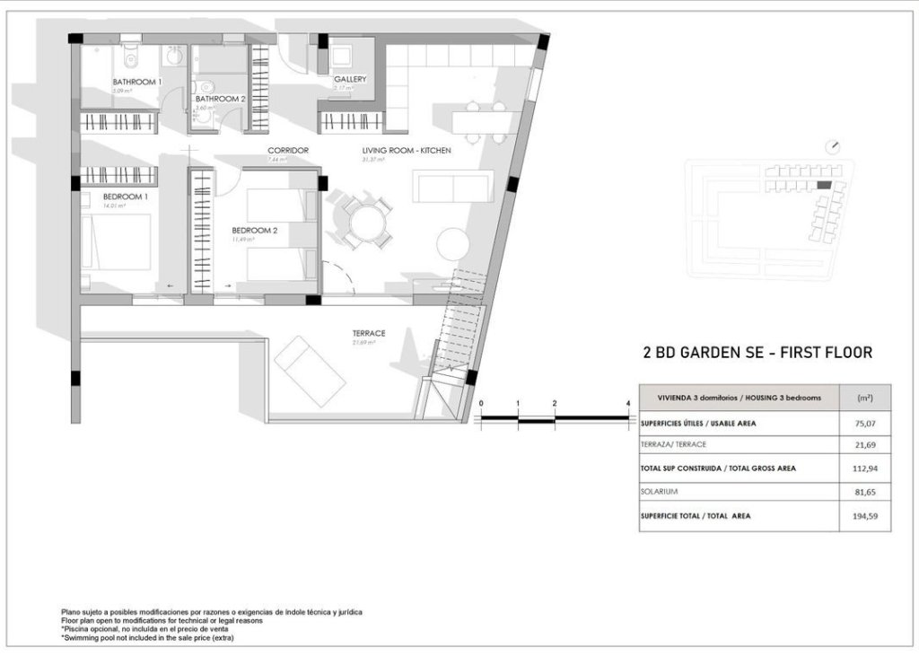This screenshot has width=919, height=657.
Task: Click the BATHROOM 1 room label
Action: coord(136,82)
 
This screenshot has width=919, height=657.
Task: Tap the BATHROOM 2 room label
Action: coord(220,99)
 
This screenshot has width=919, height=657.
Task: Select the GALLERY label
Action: coord(350,79)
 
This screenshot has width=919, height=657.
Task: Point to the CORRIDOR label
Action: coord(288,150)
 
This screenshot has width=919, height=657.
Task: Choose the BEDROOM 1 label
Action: coord(125,197)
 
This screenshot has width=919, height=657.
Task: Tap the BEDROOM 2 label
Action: coord(255,230)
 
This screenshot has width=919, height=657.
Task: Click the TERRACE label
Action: coord(368,333)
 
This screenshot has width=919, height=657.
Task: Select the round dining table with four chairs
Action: coord(365,221)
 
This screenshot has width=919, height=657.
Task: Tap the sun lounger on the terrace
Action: coord(310,371)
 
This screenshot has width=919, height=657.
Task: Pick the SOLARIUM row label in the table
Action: coord(661,492)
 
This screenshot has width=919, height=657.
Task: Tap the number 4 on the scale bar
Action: coord(627,404)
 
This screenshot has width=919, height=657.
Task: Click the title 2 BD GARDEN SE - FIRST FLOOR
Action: coord(757,353)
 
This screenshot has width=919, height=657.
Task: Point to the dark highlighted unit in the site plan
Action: coord(824,185)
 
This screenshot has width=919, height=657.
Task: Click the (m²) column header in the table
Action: coord(864,397)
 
